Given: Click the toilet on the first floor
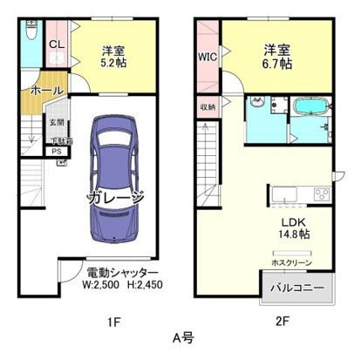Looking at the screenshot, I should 30,33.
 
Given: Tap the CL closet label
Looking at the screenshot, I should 54,44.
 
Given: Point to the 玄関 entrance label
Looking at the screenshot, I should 56,123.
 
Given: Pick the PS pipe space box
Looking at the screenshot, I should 57,151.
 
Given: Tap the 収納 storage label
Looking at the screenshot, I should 208,106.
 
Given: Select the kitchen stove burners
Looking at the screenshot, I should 321,194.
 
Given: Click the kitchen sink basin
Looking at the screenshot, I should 286,194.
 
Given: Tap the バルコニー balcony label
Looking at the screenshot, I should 296,287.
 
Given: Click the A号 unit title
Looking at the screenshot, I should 181,339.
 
